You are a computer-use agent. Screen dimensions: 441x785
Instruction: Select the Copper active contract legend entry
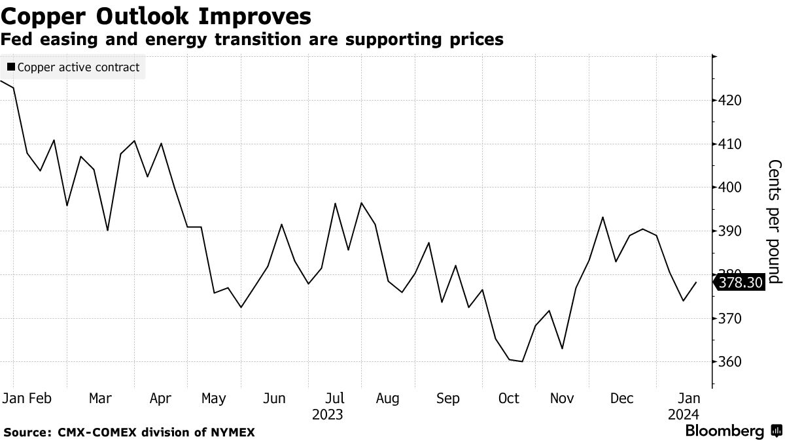tap(73, 67)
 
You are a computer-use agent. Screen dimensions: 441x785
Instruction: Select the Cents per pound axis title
tap(775, 221)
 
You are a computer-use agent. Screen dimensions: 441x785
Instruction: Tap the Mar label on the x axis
tap(100, 399)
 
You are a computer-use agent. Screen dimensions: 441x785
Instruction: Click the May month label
tap(213, 399)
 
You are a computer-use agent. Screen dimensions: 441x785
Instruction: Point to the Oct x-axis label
tap(508, 399)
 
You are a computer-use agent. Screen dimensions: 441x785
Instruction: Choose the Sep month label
tap(448, 399)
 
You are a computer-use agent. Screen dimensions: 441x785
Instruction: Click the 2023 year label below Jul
tap(327, 415)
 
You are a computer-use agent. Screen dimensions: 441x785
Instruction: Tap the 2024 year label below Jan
tap(683, 415)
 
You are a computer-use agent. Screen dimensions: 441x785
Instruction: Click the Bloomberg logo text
tap(724, 431)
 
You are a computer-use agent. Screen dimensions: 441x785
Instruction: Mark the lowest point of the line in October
tap(522, 361)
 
